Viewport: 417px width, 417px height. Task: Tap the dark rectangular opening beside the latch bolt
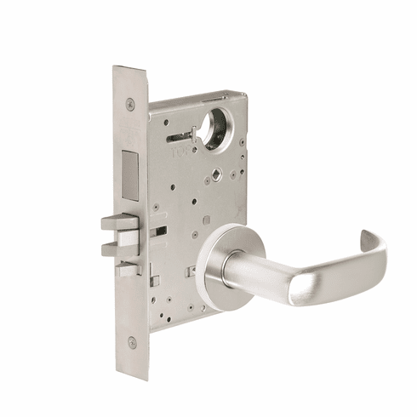pos(159,231)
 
